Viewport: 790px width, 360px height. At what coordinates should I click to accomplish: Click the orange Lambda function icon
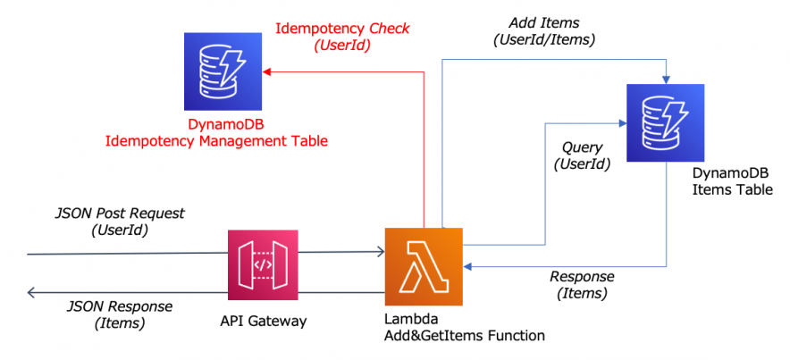click(424, 266)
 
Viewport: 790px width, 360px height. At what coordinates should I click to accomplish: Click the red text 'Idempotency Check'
click(342, 29)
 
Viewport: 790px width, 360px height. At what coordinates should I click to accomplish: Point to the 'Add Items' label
click(544, 22)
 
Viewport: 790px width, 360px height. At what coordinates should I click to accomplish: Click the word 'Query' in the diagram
click(582, 147)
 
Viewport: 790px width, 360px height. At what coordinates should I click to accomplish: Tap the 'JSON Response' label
click(120, 306)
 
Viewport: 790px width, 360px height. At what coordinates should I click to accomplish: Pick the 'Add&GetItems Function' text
click(465, 336)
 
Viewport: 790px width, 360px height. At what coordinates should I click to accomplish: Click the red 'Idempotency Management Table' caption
click(216, 140)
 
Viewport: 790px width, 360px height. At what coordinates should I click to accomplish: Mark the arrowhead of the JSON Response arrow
click(32, 292)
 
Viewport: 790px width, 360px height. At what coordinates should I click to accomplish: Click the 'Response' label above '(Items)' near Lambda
click(581, 276)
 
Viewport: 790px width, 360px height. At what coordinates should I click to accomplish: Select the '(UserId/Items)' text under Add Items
click(544, 39)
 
